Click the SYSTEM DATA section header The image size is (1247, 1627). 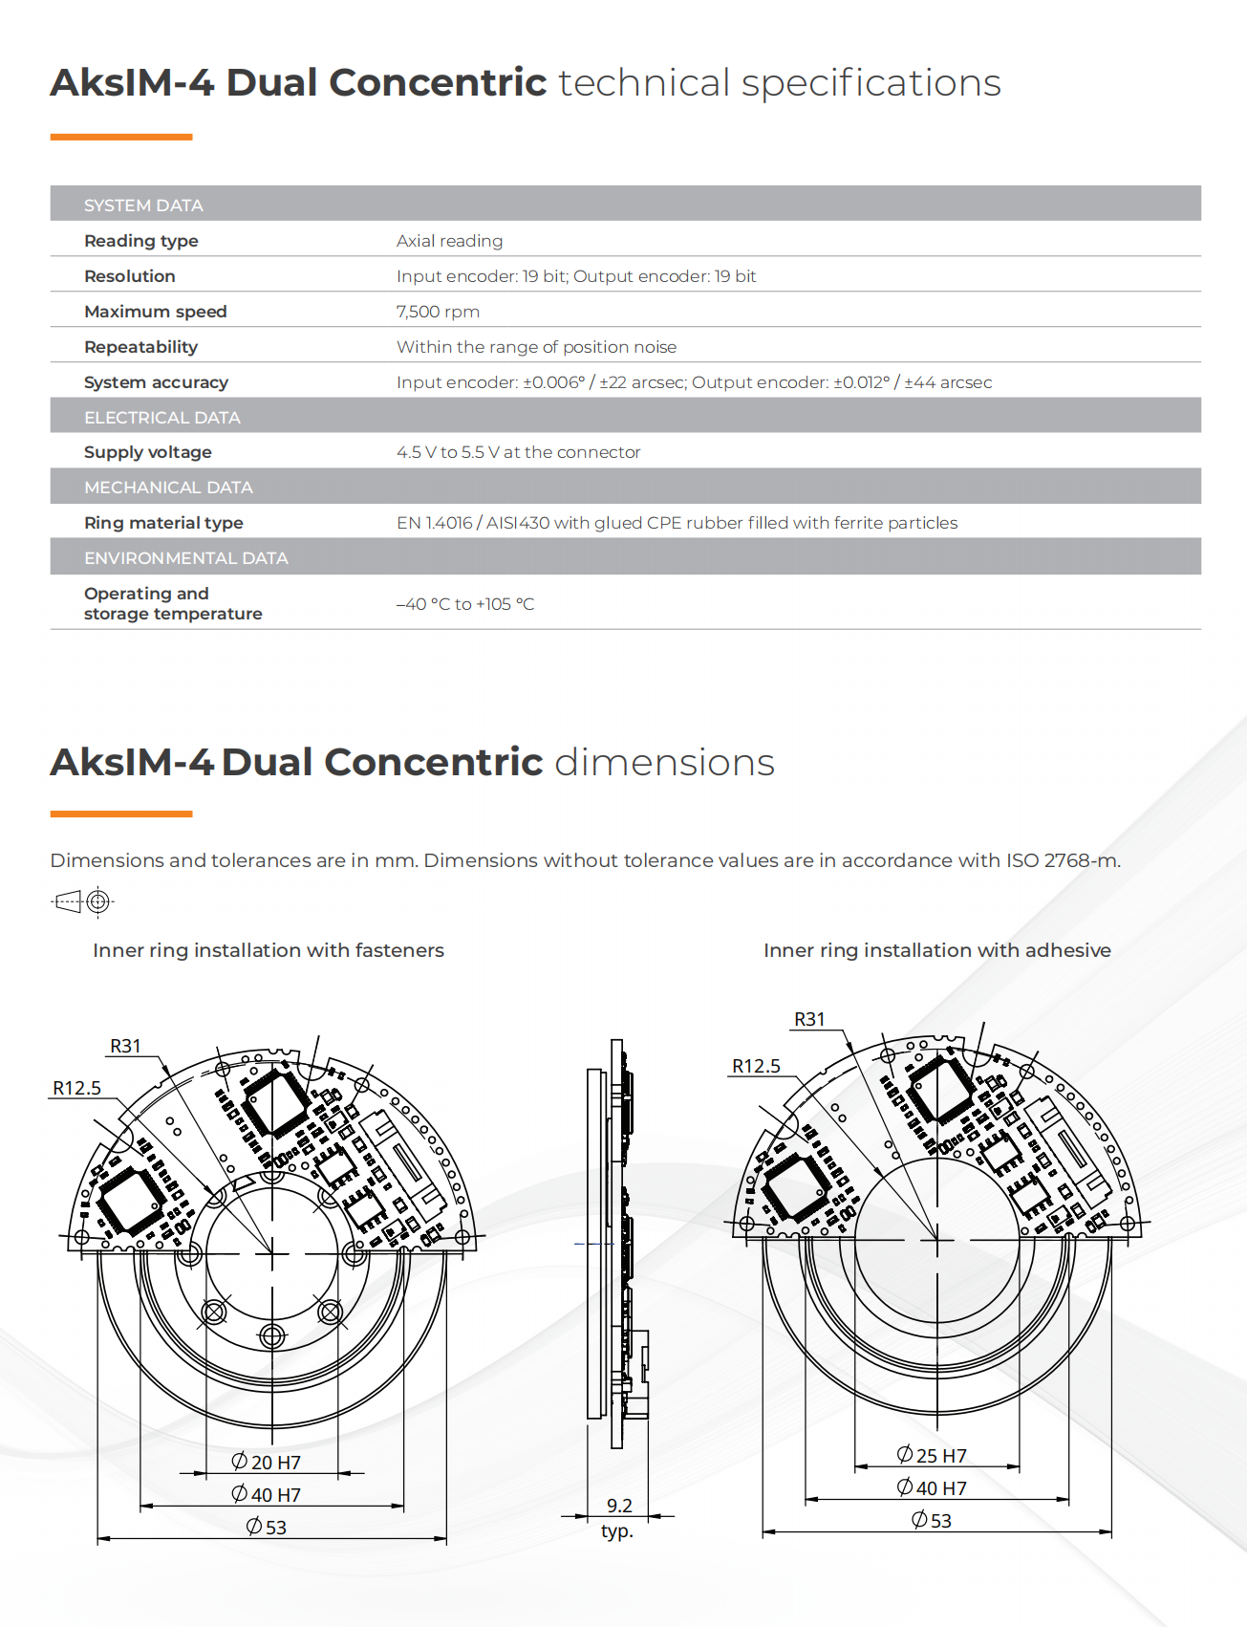(x=143, y=206)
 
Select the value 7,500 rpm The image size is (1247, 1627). (x=438, y=312)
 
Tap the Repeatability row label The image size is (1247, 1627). (x=140, y=347)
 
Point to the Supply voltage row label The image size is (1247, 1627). (x=147, y=452)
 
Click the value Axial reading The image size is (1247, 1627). (x=449, y=241)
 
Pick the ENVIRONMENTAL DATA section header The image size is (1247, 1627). (x=185, y=558)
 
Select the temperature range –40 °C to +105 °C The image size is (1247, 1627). (x=465, y=604)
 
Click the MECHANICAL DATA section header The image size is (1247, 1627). (x=168, y=488)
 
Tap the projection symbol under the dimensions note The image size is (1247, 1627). (x=82, y=901)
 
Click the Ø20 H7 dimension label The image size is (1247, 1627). (x=266, y=1462)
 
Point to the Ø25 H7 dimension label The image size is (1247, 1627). (x=932, y=1455)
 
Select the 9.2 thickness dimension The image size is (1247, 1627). (x=619, y=1506)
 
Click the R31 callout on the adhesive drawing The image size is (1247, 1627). (x=809, y=1019)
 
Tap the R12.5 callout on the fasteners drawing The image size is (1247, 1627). (x=76, y=1088)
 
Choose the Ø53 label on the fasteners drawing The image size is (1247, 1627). (x=266, y=1527)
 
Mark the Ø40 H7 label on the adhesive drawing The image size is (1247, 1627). (x=932, y=1487)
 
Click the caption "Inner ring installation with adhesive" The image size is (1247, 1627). (x=936, y=950)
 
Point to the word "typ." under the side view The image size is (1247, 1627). (x=617, y=1531)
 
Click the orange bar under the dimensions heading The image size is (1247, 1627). (x=121, y=814)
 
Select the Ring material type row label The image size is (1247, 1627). (x=163, y=523)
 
